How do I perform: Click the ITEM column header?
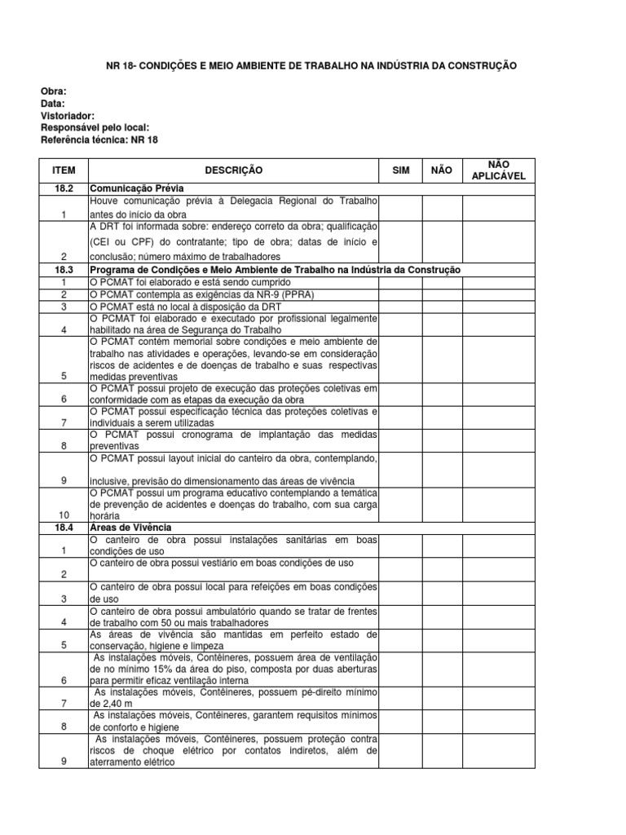64,170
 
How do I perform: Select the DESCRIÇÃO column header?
234,170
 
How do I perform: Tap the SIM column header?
401,170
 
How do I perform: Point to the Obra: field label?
54,91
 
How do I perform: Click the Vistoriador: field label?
68,116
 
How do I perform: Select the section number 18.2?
64,188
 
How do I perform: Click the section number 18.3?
64,270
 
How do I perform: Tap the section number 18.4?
64,528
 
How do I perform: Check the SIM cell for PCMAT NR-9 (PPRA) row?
401,294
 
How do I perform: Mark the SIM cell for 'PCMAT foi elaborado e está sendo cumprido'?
401,281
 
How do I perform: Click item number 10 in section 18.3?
64,516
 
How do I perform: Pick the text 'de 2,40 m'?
110,703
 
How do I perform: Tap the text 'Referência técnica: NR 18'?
99,140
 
